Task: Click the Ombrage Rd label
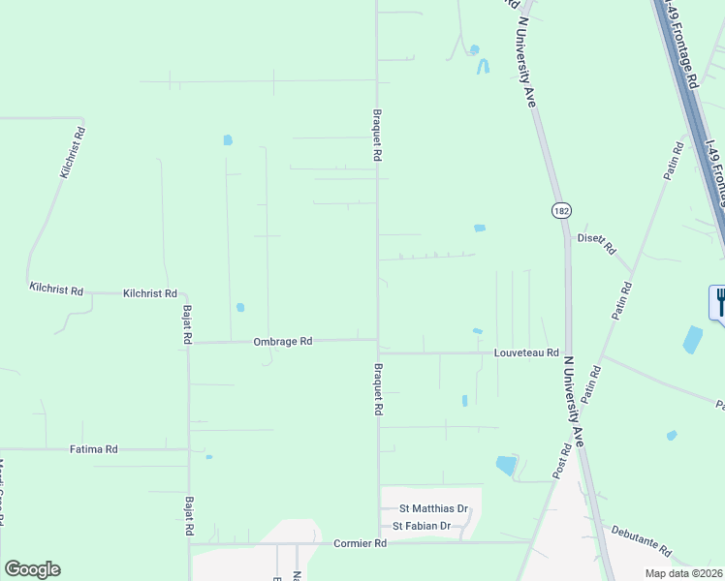coord(283,342)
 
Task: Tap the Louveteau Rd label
coord(526,353)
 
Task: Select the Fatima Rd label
coord(94,449)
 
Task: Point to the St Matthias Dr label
coord(433,507)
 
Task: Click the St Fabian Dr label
coord(422,526)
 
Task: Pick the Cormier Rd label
coord(360,544)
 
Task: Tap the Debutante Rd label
coord(641,539)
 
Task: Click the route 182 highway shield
coord(562,210)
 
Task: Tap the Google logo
coord(32,569)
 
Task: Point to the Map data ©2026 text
coord(682,573)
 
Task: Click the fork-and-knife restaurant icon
coord(719,301)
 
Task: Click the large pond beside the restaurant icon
coord(692,339)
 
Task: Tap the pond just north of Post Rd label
coord(506,466)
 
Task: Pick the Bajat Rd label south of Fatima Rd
coord(189,518)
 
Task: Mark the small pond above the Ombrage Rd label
coord(240,308)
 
